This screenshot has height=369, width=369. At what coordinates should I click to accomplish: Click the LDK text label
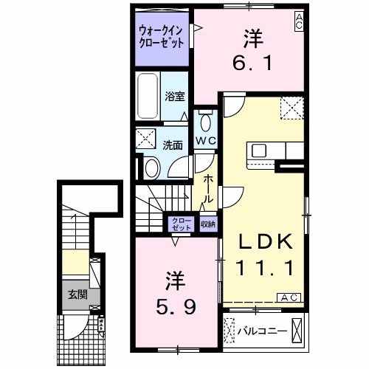point(266,241)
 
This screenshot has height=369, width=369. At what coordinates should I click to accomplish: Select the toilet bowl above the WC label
point(204,121)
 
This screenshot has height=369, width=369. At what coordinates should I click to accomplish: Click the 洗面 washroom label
point(173,145)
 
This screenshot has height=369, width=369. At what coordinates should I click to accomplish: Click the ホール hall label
point(209,184)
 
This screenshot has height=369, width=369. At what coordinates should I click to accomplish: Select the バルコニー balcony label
point(263,330)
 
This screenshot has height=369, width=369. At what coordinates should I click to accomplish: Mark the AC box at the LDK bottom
point(288,297)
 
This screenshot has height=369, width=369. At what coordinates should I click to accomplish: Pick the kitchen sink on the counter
point(260,151)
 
